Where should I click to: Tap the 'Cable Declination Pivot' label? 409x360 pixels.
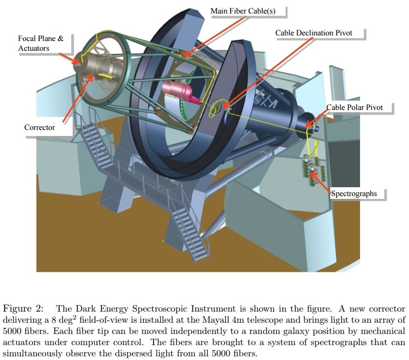click(314, 33)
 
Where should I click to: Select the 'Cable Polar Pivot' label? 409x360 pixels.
click(354, 108)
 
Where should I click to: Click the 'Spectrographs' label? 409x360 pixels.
click(354, 194)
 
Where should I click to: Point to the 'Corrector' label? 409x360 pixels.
click(40, 127)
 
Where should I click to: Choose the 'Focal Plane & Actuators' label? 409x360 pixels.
click(41, 43)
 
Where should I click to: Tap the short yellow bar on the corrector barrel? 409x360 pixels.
click(105, 75)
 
